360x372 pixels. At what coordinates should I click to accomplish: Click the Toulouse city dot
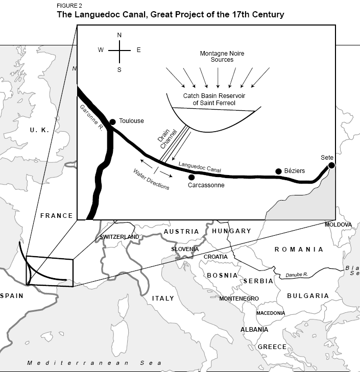(x=112, y=121)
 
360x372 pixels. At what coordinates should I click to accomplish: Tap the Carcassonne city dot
(x=191, y=177)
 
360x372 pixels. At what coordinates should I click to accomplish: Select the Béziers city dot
(x=278, y=171)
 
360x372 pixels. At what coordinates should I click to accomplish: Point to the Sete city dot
(x=331, y=165)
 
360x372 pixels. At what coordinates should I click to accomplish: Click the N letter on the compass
(x=119, y=35)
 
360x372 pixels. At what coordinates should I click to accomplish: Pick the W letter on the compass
(x=101, y=50)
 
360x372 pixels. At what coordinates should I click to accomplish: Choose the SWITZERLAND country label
(x=119, y=237)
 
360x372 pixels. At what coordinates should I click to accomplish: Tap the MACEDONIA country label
(x=271, y=313)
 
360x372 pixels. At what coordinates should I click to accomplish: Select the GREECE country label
(x=272, y=347)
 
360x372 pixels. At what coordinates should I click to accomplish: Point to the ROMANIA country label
(x=299, y=250)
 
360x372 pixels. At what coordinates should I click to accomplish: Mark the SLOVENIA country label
(x=185, y=249)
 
